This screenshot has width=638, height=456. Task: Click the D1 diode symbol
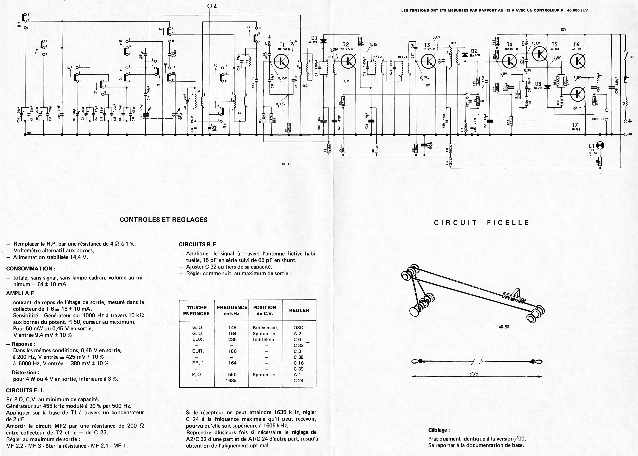click(x=323, y=41)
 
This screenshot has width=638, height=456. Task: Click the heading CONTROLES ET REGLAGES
click(x=164, y=220)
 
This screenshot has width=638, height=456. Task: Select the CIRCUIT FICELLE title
click(x=482, y=223)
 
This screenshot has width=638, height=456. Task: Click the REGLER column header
click(x=299, y=310)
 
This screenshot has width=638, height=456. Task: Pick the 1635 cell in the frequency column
click(x=232, y=380)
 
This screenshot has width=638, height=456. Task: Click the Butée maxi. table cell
click(x=265, y=328)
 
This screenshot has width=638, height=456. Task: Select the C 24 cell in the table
click(x=298, y=380)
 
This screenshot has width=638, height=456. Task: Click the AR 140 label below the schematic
click(x=287, y=164)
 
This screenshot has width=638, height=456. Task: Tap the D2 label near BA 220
click(x=474, y=51)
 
